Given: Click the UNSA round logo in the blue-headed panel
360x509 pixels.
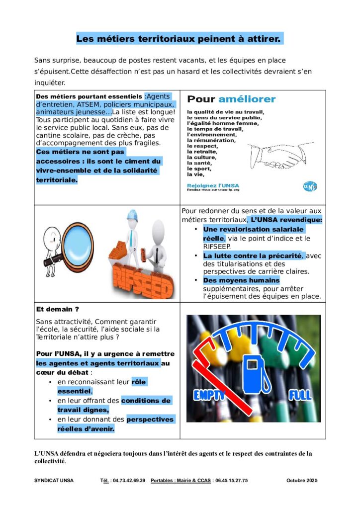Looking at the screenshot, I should [x=309, y=186].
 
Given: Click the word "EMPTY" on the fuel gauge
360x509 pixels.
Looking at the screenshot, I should [x=210, y=395].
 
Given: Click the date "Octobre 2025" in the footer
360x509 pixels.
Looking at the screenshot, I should [x=302, y=481].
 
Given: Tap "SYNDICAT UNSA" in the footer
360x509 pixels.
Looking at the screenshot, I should [x=54, y=481].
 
